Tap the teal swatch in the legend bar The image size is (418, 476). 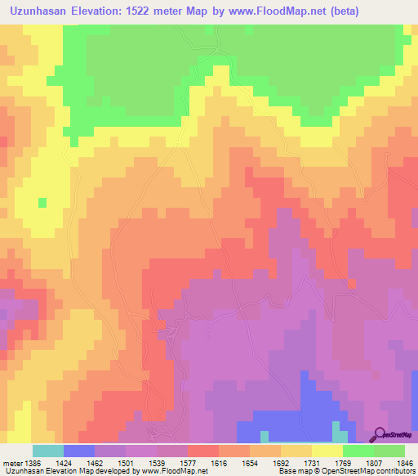point(48,451)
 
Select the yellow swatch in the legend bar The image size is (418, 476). point(327,451)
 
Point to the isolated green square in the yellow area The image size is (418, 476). point(42,202)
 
